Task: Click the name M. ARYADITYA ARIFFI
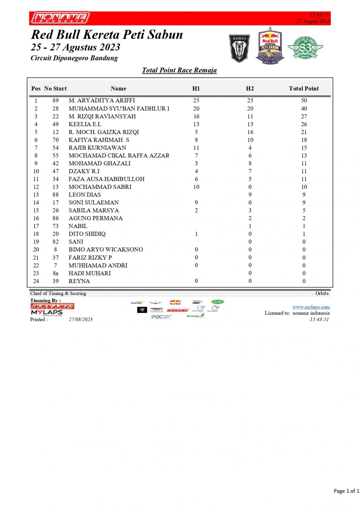pos(101,100)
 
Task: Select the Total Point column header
pos(303,89)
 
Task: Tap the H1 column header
pos(196,89)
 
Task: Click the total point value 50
pos(304,100)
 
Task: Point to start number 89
pos(56,100)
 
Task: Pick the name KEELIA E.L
pos(85,124)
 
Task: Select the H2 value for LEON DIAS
pos(250,194)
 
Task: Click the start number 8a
pos(56,273)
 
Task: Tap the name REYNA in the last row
pos(79,281)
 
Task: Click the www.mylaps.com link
pos(311,307)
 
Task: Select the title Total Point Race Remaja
pos(179,70)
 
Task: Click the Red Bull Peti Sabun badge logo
pos(270,46)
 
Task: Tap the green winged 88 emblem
pos(305,48)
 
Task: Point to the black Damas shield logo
pos(239,48)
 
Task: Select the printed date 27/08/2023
pos(81,320)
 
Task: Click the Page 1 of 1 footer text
pos(346,491)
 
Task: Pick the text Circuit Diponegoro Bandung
pos(74,58)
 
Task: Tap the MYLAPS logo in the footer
pos(47,312)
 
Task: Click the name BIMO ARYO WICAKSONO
pos(106,250)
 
